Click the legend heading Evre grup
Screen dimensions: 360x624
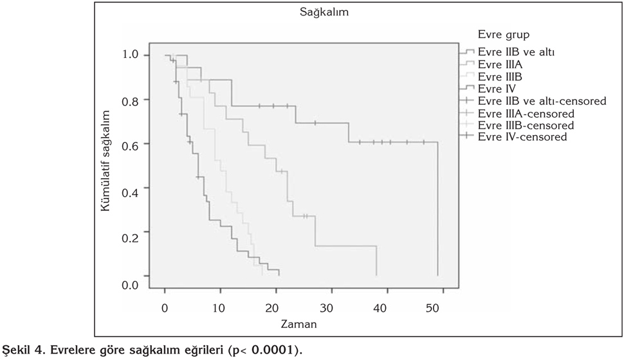pos(504,34)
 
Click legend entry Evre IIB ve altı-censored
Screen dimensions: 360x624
pos(542,101)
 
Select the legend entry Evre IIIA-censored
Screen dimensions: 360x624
pos(525,113)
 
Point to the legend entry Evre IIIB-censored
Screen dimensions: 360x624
pos(525,125)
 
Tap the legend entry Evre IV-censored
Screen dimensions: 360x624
pos(522,137)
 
